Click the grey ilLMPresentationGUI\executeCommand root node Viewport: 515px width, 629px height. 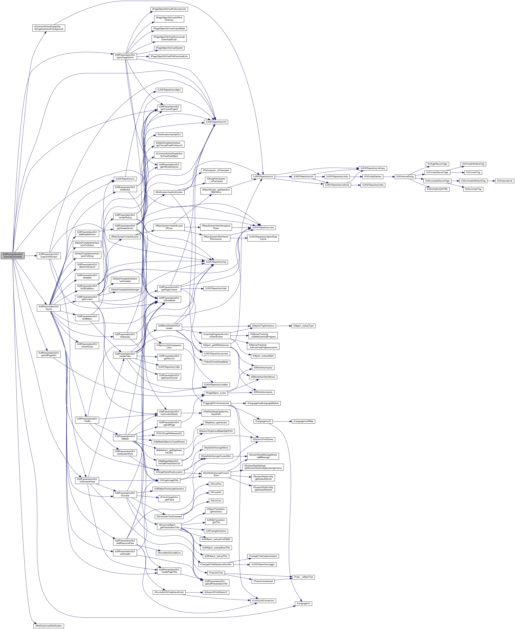pos(12,256)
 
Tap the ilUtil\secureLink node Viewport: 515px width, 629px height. pos(504,181)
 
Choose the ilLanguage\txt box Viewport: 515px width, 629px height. pos(303,604)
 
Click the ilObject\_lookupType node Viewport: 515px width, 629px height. pos(303,326)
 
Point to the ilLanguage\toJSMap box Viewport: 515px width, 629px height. pos(303,421)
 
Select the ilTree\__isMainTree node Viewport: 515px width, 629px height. pos(303,577)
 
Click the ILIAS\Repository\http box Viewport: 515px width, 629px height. pos(373,185)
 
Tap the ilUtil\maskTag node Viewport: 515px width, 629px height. pos(473,172)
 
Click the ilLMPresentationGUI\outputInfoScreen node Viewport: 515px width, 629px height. pos(49,256)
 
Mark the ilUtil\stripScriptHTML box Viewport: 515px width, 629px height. pos(437,189)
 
